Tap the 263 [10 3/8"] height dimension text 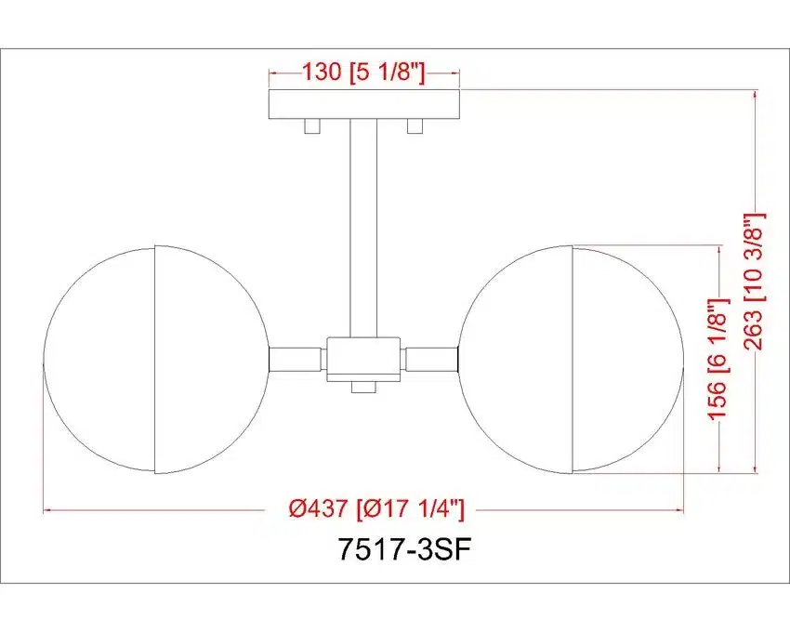click(755, 282)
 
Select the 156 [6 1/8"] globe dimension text click(718, 359)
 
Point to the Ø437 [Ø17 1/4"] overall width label click(375, 508)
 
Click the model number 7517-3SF click(404, 549)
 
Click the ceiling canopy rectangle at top click(364, 104)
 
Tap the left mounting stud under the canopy click(312, 126)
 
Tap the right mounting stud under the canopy click(415, 126)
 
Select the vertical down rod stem click(363, 229)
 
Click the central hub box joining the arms click(363, 359)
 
